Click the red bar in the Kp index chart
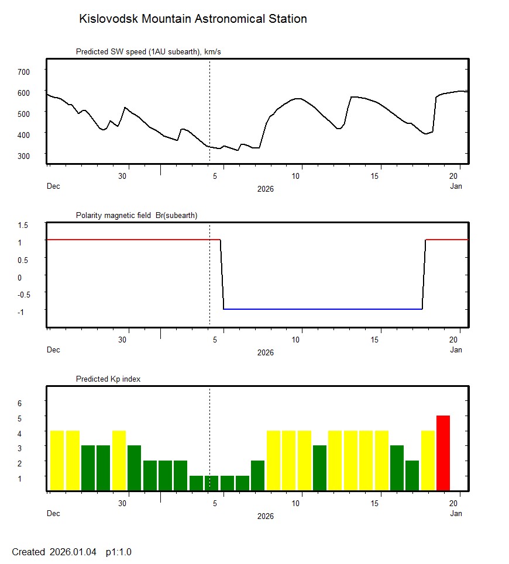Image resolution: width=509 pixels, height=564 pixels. [443, 453]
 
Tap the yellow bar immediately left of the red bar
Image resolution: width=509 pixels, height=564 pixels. [428, 461]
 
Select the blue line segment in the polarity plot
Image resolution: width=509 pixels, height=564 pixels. [322, 309]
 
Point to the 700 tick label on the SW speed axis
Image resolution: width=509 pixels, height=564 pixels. [23, 71]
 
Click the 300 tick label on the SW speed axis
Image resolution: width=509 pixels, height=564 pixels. [23, 155]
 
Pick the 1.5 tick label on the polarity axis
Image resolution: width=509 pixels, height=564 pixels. [23, 225]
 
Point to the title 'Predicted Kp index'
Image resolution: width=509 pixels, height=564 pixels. [108, 379]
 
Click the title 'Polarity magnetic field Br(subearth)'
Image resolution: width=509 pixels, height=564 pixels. [136, 216]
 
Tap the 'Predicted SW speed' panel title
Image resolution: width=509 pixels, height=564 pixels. [148, 52]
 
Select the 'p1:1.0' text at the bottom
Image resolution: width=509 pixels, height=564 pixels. [118, 552]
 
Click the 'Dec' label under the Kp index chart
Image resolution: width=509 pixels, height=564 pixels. [53, 514]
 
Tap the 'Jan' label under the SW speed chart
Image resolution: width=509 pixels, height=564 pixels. [456, 186]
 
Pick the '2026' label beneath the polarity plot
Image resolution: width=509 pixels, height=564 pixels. [265, 352]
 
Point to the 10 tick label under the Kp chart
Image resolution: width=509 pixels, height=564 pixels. [300, 503]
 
